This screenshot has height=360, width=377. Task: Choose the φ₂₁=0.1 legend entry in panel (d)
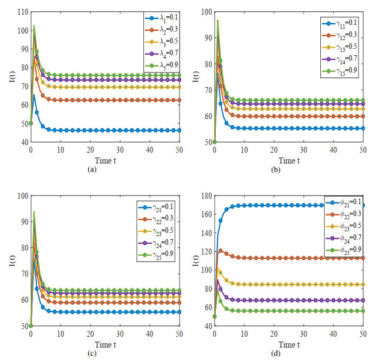pos(343,201)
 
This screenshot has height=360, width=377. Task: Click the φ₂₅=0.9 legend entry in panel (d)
pos(343,249)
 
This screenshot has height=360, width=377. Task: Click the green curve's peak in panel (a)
pos(34,25)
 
